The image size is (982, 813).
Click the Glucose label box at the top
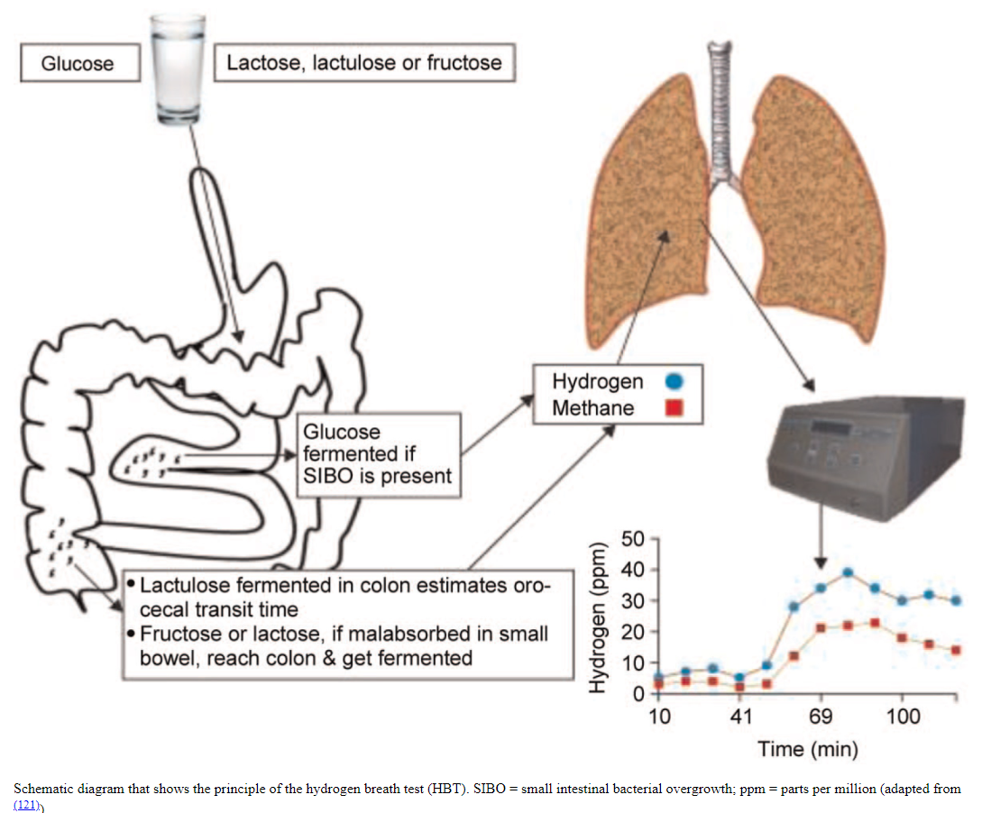[x=78, y=64]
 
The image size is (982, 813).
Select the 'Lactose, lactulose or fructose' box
[x=363, y=64]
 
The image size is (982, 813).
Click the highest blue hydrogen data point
[x=848, y=572]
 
